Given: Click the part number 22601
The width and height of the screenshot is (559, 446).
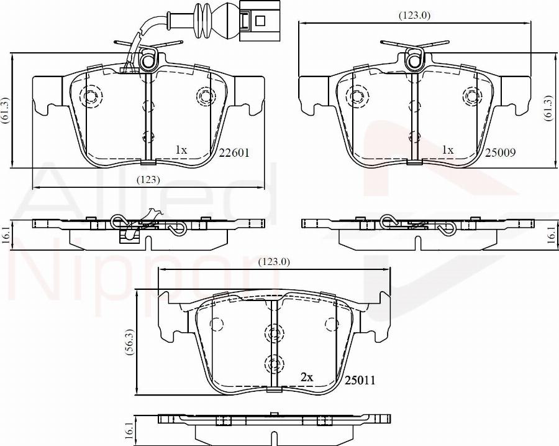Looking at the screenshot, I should pyautogui.click(x=234, y=152).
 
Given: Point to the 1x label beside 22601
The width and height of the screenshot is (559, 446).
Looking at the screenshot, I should pyautogui.click(x=181, y=151).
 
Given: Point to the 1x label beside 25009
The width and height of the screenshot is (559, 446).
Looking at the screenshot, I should pyautogui.click(x=447, y=151).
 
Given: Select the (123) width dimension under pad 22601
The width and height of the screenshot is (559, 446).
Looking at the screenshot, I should pyautogui.click(x=148, y=180).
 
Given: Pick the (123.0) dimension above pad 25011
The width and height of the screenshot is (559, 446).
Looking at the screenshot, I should pyautogui.click(x=274, y=262).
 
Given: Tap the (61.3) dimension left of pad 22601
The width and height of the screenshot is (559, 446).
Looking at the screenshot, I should pyautogui.click(x=5, y=112).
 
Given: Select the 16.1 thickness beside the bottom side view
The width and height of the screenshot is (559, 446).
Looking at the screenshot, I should pyautogui.click(x=129, y=429).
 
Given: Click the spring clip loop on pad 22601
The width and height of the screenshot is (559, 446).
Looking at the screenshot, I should pyautogui.click(x=148, y=61).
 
